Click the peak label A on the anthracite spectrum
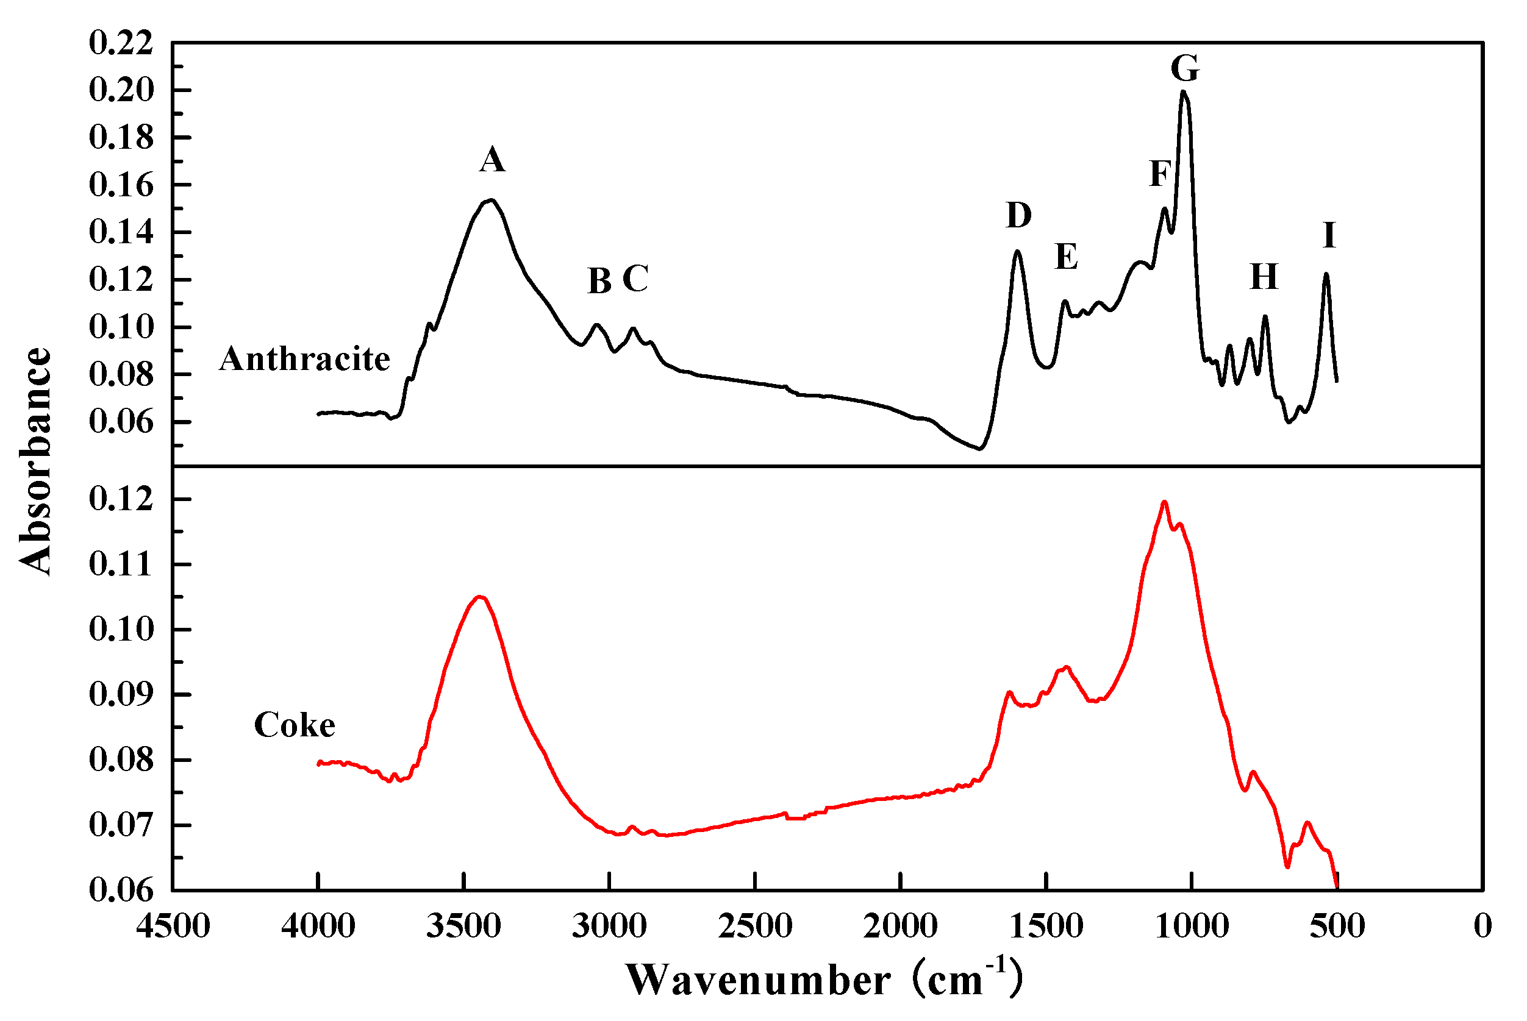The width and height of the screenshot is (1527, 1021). coord(492,160)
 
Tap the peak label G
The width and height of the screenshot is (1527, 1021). coord(1184,68)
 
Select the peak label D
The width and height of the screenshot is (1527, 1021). coord(1019,215)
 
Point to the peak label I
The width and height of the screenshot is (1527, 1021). coord(1329,235)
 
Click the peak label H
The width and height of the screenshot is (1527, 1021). coord(1264,277)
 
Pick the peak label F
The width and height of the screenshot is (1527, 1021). coord(1160,174)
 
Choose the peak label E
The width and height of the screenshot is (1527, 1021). coord(1066,257)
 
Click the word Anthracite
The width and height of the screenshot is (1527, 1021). coord(304,359)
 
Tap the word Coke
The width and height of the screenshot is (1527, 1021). coord(295,725)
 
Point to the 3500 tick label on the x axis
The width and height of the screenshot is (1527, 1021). coord(463,926)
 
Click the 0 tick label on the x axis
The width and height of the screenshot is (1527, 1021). coord(1482,926)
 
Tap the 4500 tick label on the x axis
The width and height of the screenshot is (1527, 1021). coord(173,926)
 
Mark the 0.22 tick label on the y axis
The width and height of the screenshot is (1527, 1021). coord(121,43)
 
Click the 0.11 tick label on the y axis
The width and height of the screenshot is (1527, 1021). coord(121,564)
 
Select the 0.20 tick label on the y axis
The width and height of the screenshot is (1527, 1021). coord(121,90)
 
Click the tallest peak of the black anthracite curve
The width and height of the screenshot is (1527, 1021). coord(1184,92)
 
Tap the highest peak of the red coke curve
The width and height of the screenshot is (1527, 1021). coord(1164,502)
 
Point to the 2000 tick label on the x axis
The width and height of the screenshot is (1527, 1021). coord(900,926)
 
